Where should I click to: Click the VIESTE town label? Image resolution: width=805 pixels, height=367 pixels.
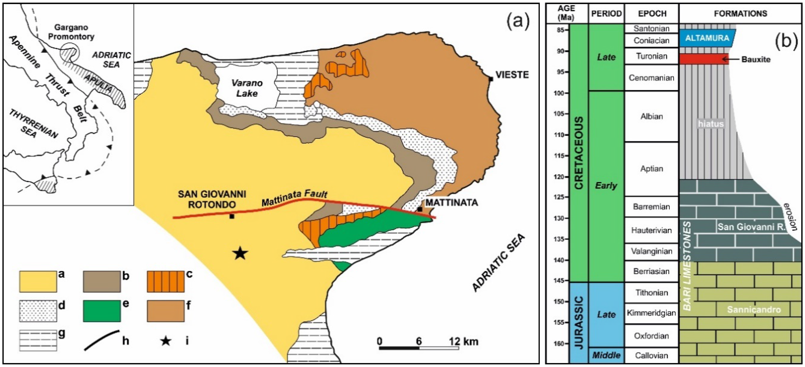512,75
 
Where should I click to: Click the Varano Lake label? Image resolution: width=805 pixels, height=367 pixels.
247,88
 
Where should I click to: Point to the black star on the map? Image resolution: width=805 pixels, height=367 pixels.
240,253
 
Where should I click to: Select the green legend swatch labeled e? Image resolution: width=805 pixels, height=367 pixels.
102,311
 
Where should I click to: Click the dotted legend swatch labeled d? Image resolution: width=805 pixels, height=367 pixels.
38,311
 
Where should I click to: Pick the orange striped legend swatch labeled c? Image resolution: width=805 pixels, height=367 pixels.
166,282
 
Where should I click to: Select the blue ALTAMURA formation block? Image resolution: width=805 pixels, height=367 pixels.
707,38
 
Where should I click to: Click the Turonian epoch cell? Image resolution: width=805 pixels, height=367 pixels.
652,56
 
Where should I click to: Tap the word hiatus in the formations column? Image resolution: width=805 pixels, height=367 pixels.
711,124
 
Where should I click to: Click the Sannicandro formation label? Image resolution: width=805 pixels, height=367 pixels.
754,310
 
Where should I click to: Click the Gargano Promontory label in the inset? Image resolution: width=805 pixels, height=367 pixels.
71,32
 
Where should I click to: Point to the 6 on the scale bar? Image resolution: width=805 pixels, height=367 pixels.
419,341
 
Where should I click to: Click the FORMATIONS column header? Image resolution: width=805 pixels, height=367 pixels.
740,13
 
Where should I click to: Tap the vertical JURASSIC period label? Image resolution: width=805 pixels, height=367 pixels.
579,323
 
